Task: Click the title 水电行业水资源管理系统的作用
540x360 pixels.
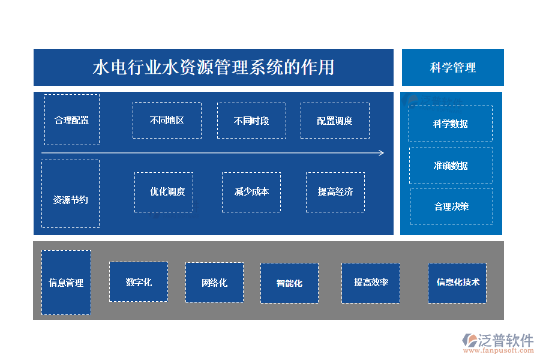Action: click(213, 67)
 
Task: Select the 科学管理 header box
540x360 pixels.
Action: click(452, 68)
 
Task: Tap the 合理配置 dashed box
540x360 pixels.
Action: click(72, 119)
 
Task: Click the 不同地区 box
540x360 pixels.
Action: click(167, 120)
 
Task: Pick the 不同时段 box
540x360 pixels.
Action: click(251, 120)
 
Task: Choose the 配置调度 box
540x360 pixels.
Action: click(335, 120)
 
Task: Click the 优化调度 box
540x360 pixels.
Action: click(164, 192)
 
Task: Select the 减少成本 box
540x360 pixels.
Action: click(251, 192)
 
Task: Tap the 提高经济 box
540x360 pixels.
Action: click(335, 192)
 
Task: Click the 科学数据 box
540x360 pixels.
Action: click(451, 124)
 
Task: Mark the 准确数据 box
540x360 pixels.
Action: click(451, 166)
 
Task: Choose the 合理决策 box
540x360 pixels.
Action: click(451, 206)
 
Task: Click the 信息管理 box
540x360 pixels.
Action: click(66, 283)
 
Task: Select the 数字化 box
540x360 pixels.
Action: click(139, 281)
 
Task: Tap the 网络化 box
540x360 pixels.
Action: click(214, 282)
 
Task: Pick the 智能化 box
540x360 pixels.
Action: click(289, 283)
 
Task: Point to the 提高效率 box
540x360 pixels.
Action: click(371, 283)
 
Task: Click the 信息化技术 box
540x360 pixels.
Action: click(457, 283)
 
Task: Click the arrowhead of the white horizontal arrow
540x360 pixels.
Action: click(382, 153)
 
